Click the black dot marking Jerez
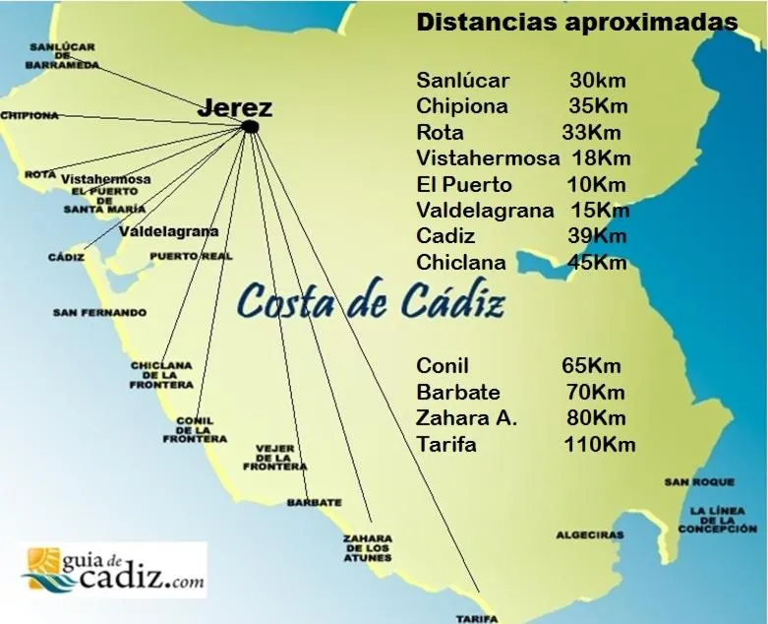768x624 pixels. click(x=250, y=127)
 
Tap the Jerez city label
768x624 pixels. click(x=234, y=108)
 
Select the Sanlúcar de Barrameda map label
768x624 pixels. click(x=64, y=55)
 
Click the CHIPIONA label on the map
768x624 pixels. click(x=30, y=115)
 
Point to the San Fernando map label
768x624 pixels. click(x=99, y=313)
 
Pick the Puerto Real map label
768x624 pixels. click(x=191, y=256)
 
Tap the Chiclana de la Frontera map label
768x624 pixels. click(x=161, y=375)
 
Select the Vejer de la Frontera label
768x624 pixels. click(x=281, y=457)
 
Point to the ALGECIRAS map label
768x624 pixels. click(x=590, y=534)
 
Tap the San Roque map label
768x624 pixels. click(x=698, y=482)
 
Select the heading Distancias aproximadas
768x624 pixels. click(x=577, y=23)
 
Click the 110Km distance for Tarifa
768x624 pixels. click(x=599, y=444)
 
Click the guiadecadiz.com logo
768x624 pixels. click(x=113, y=570)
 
